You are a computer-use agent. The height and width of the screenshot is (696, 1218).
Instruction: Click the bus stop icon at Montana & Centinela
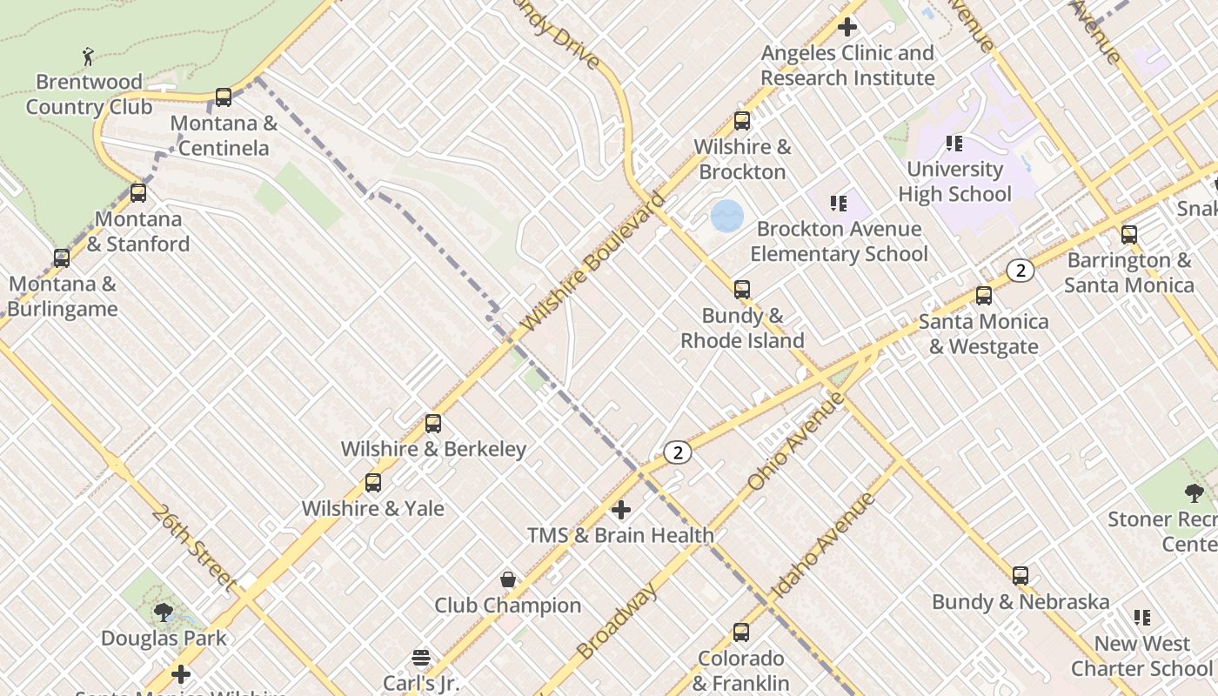(x=224, y=97)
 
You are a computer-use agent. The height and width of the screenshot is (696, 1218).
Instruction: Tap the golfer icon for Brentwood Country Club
(x=88, y=57)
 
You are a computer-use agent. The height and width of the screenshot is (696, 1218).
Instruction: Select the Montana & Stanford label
(x=138, y=231)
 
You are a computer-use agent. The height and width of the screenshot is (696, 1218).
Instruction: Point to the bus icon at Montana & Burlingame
(x=61, y=258)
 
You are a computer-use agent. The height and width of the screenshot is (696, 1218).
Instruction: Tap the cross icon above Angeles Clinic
(x=847, y=27)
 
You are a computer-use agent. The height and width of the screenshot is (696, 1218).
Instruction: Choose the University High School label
(x=954, y=181)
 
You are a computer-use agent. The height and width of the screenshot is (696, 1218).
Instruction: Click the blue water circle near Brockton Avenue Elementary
(x=726, y=216)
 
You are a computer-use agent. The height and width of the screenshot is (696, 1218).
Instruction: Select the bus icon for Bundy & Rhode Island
(x=742, y=290)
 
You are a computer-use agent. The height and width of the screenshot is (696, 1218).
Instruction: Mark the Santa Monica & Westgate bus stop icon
(x=984, y=296)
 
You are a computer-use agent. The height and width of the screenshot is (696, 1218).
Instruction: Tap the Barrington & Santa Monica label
(x=1128, y=272)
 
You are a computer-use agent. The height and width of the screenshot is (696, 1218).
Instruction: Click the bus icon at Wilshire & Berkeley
(x=433, y=424)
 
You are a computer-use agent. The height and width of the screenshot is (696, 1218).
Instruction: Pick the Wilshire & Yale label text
(x=372, y=508)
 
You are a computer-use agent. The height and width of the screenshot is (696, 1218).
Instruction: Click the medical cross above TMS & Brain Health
(x=621, y=509)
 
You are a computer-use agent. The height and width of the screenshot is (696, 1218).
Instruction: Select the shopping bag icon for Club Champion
(x=508, y=579)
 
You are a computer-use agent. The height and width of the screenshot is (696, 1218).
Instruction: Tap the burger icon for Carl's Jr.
(x=421, y=657)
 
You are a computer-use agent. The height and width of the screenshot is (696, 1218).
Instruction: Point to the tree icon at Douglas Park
(x=164, y=612)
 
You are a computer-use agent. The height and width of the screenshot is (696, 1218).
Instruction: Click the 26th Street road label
(x=193, y=548)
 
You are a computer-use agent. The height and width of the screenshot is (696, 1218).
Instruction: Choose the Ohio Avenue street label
(x=796, y=440)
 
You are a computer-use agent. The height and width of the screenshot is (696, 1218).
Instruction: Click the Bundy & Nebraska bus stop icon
(x=1021, y=576)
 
